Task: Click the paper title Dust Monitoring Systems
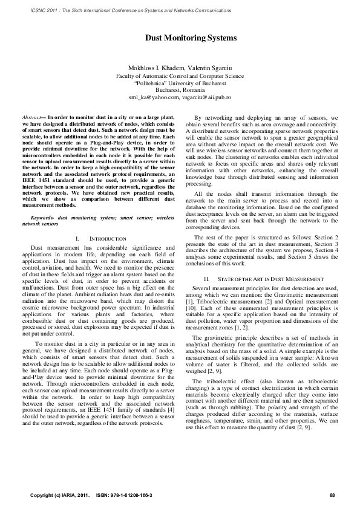180,38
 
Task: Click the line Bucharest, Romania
180,89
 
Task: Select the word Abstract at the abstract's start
31,115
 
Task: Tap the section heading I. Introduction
100,239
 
